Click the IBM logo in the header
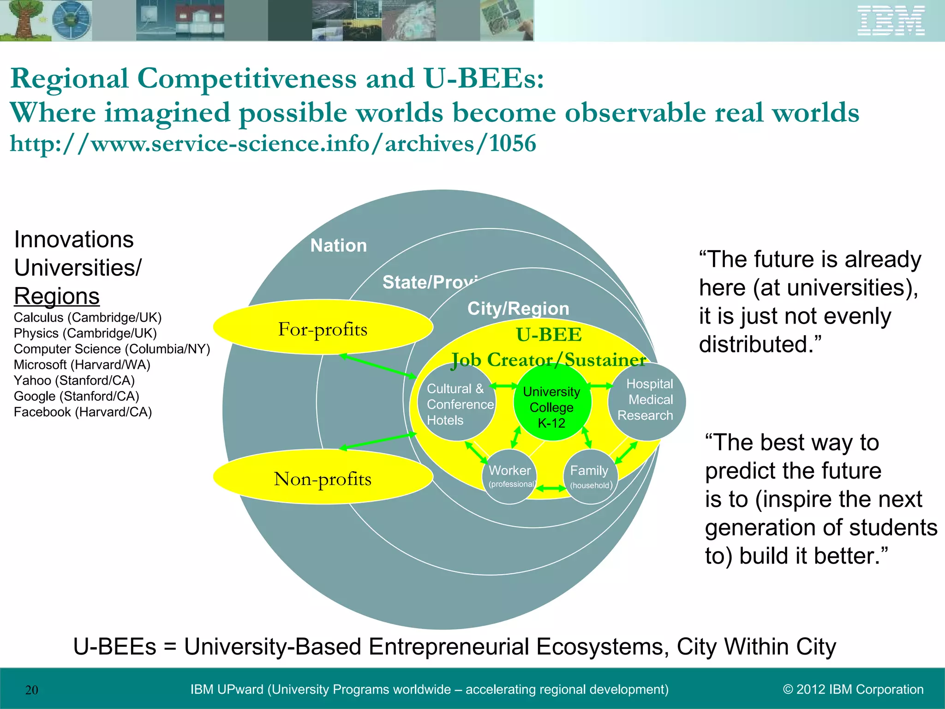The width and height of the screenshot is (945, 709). click(891, 21)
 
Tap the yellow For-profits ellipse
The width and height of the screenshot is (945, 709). click(323, 327)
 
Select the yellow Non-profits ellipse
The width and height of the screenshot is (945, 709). click(323, 477)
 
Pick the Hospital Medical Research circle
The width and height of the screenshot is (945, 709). click(647, 401)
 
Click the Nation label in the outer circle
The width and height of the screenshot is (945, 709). click(339, 246)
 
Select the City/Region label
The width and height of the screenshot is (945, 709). click(518, 308)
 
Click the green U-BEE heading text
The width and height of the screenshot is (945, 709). click(549, 335)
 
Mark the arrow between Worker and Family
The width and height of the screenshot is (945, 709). click(550, 488)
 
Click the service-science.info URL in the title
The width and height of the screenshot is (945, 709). click(273, 144)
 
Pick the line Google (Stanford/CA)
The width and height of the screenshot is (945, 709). click(77, 396)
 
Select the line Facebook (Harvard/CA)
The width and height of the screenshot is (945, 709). click(83, 412)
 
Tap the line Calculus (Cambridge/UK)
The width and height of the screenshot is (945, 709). click(88, 318)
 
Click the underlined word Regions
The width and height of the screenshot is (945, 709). click(57, 296)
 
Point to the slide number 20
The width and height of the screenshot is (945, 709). click(32, 690)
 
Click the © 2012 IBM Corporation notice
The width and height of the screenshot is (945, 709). click(853, 689)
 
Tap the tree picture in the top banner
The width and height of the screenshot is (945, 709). click(23, 21)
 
